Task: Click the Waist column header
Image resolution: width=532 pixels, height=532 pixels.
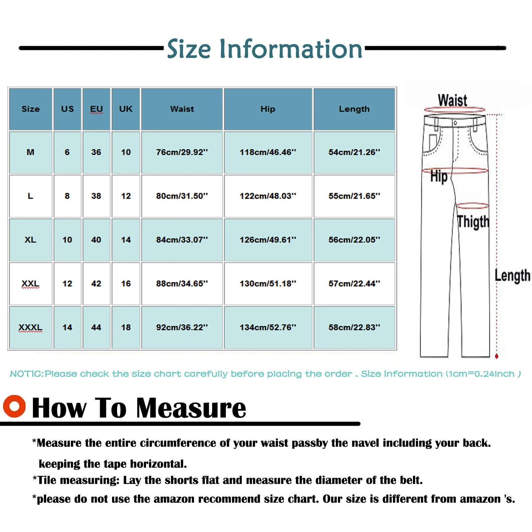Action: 182,109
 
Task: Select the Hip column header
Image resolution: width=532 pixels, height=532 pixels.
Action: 268,109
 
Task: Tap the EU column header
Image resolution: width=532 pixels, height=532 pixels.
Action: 96,109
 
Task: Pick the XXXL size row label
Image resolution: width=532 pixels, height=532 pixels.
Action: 30,328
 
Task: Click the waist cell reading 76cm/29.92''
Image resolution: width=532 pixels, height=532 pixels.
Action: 182,152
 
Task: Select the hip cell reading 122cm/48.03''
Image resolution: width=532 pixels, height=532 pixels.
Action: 268,196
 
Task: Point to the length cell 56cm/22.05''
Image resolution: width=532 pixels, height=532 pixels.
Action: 354,240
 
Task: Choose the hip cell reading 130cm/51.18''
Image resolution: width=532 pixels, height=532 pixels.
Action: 268,284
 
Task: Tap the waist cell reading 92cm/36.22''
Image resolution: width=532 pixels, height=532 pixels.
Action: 182,328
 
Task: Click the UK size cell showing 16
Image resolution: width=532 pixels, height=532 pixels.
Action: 126,284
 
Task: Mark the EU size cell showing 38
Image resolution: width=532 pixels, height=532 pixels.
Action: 96,196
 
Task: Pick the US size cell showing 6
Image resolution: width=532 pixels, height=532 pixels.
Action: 67,152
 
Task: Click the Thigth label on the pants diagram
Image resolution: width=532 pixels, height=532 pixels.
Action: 473,222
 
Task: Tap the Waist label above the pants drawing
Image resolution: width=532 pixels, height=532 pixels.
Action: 452,100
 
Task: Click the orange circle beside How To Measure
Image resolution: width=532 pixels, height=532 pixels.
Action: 14,406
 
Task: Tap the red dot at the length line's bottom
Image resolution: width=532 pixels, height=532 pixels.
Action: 497,356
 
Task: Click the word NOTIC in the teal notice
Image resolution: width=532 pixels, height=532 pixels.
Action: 27,374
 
